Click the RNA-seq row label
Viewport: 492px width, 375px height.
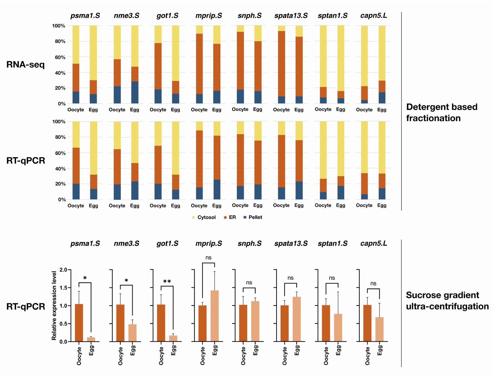point(25,65)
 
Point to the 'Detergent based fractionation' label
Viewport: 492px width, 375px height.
point(442,112)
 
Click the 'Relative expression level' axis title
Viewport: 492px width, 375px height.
point(54,305)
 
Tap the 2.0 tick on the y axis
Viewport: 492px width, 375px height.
point(63,270)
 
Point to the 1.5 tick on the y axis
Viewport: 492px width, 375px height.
point(63,288)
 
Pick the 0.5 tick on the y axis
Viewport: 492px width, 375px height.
point(63,324)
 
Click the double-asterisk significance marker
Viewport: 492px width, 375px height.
point(167,282)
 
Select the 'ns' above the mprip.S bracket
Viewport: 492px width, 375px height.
point(208,258)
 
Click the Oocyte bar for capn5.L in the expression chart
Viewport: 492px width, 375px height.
point(367,323)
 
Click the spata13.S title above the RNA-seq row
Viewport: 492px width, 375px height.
point(291,16)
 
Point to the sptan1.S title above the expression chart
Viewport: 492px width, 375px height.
point(333,244)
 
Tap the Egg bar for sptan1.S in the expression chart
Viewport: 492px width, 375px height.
point(338,327)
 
